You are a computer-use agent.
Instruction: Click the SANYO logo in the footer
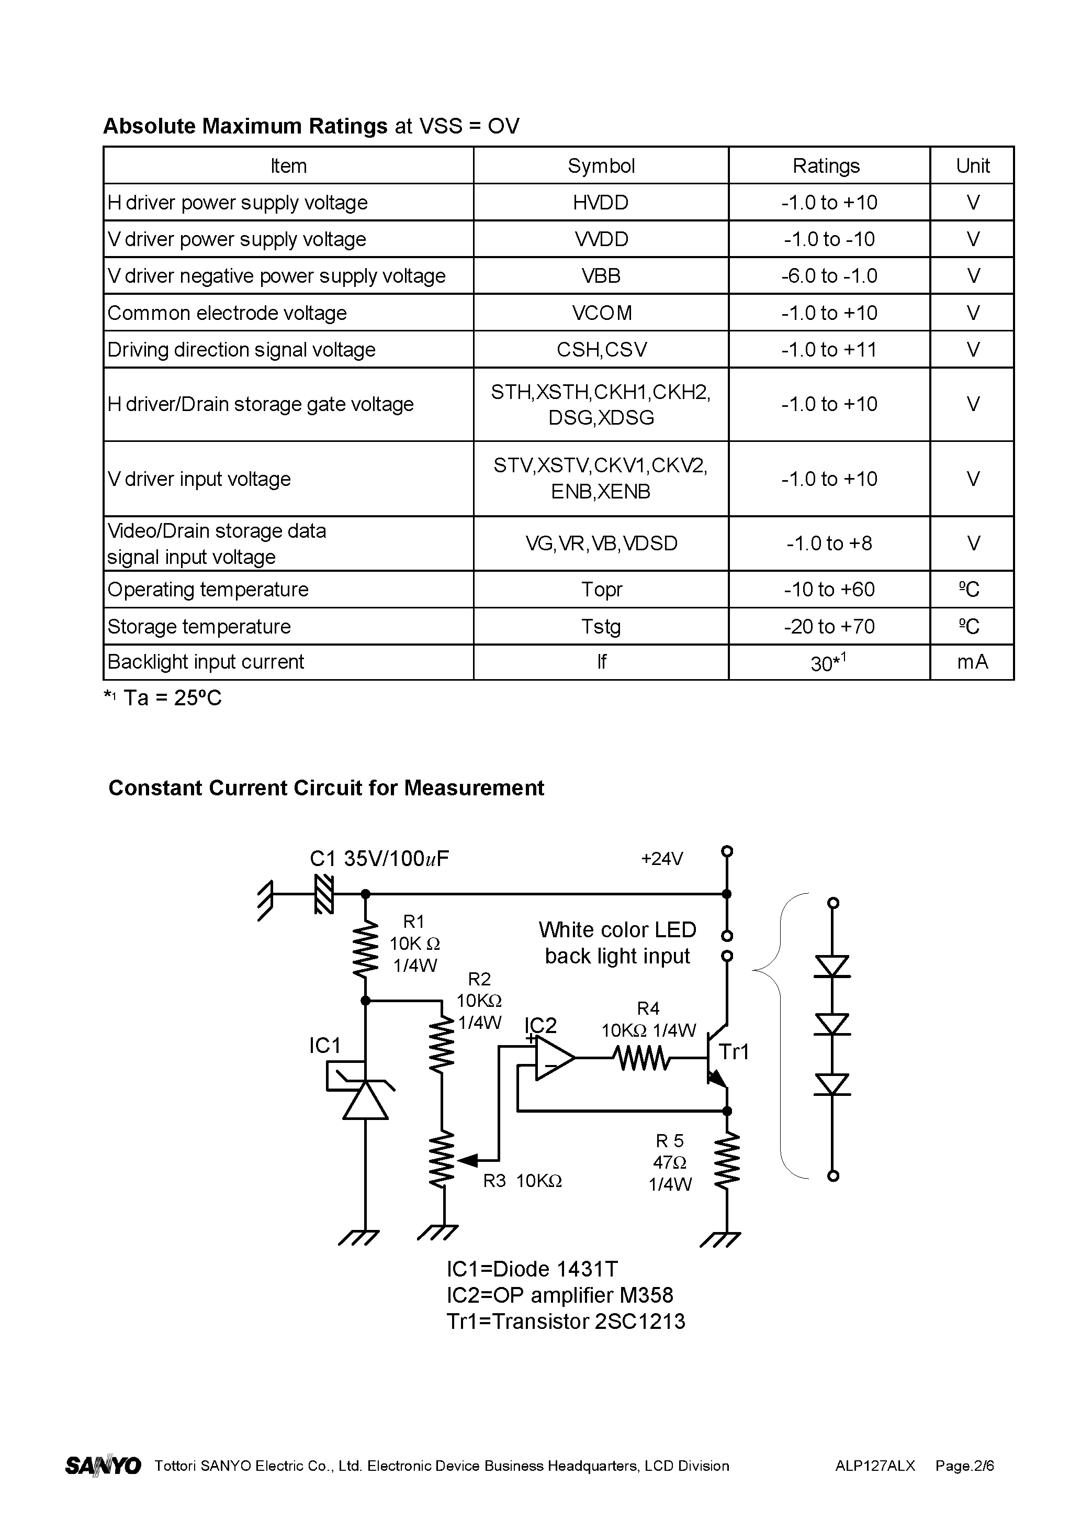pyautogui.click(x=103, y=1465)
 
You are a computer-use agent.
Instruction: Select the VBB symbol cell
pyautogui.click(x=601, y=275)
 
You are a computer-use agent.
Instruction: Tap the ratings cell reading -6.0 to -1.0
pyautogui.click(x=828, y=275)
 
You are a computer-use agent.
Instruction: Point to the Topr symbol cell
pyautogui.click(x=601, y=590)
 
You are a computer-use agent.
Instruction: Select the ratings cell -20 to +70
pyautogui.click(x=828, y=626)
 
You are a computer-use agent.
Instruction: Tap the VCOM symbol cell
pyautogui.click(x=601, y=313)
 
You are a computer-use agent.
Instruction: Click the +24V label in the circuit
pyautogui.click(x=661, y=858)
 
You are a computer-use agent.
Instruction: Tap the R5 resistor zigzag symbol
pyautogui.click(x=727, y=1161)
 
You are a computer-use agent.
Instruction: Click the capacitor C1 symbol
pyautogui.click(x=324, y=894)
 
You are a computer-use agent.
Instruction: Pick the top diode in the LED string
pyautogui.click(x=832, y=966)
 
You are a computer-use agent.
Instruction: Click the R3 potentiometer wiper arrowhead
pyautogui.click(x=468, y=1160)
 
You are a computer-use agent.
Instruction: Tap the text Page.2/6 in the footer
pyautogui.click(x=964, y=1466)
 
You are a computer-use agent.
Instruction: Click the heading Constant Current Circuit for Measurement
pyautogui.click(x=326, y=787)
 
